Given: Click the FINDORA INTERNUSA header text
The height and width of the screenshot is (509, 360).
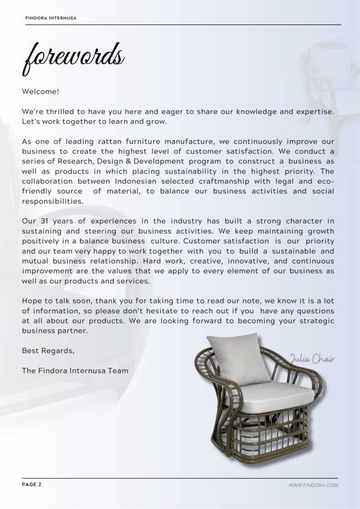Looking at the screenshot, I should tap(51, 18).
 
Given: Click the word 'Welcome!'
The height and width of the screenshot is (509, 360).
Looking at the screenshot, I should tap(40, 91).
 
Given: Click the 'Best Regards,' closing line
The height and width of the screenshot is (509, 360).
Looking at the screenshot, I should tap(48, 350).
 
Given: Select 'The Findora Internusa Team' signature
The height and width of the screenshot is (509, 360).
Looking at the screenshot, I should tap(75, 370).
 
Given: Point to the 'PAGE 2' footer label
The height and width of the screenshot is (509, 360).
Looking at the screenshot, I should tap(32, 485).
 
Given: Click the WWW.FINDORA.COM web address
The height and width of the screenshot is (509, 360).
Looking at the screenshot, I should tap(313, 485).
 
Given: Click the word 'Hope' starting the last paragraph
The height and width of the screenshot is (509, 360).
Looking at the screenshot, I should tap(31, 301).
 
